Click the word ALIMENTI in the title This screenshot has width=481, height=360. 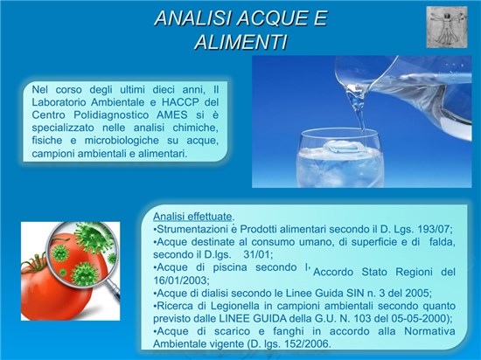[x=241, y=42]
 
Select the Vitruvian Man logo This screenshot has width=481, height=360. [x=447, y=27]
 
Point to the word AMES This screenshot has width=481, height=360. [x=171, y=114]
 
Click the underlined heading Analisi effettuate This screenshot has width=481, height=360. [x=192, y=217]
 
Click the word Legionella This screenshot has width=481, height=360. [x=233, y=306]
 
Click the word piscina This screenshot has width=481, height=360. [x=230, y=267]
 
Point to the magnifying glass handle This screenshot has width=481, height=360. [x=114, y=291]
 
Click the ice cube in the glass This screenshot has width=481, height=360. [x=341, y=147]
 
